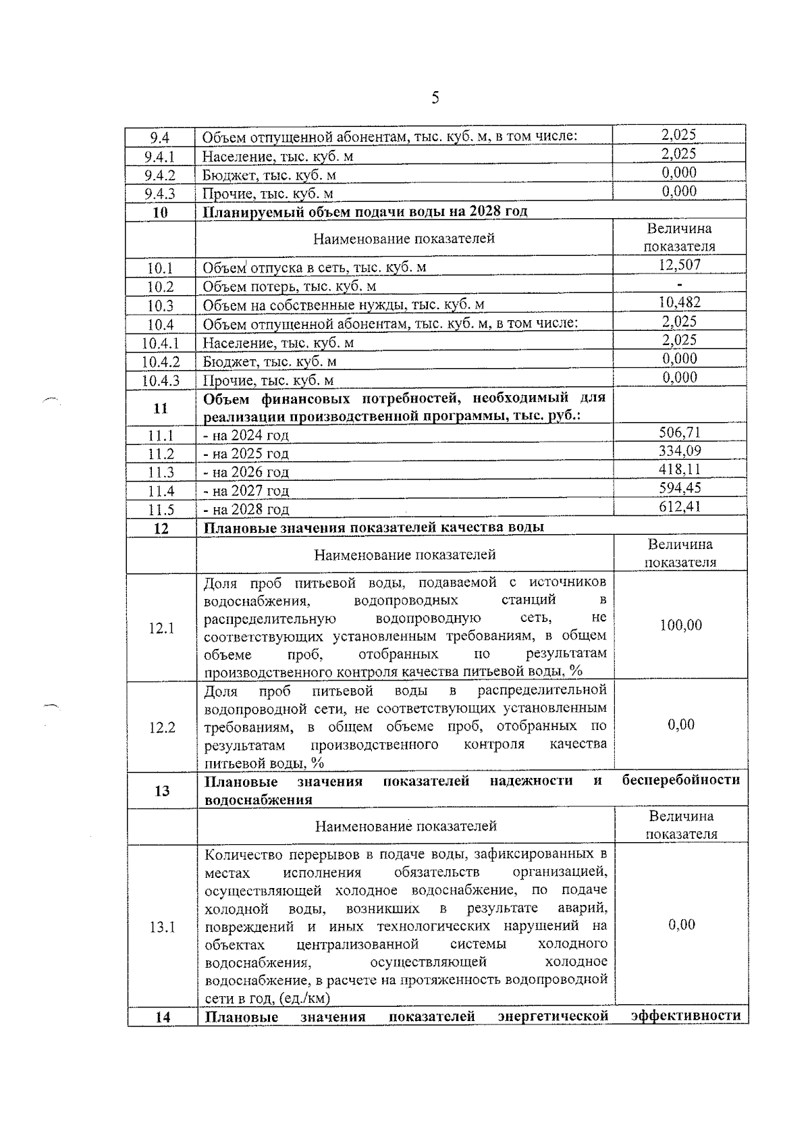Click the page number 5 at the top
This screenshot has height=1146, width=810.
(x=435, y=99)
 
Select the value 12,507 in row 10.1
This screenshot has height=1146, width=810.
(x=679, y=265)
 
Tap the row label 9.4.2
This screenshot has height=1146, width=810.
(x=160, y=176)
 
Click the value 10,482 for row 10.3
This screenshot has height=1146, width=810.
(x=679, y=303)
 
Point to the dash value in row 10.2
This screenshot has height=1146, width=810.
(x=679, y=284)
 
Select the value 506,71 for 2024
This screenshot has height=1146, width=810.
(x=679, y=432)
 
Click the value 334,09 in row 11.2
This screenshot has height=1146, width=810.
(x=679, y=451)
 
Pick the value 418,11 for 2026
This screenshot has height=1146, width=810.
(x=679, y=469)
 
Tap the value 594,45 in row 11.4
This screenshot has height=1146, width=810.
(x=679, y=488)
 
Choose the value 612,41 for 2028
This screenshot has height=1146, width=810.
(x=679, y=506)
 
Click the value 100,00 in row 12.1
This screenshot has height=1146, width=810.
(x=680, y=625)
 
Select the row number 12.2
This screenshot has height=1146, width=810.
(x=161, y=727)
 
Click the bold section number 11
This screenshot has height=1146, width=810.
(x=161, y=408)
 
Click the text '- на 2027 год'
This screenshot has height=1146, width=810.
(x=246, y=491)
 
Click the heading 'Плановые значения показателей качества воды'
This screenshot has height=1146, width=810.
(x=374, y=527)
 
